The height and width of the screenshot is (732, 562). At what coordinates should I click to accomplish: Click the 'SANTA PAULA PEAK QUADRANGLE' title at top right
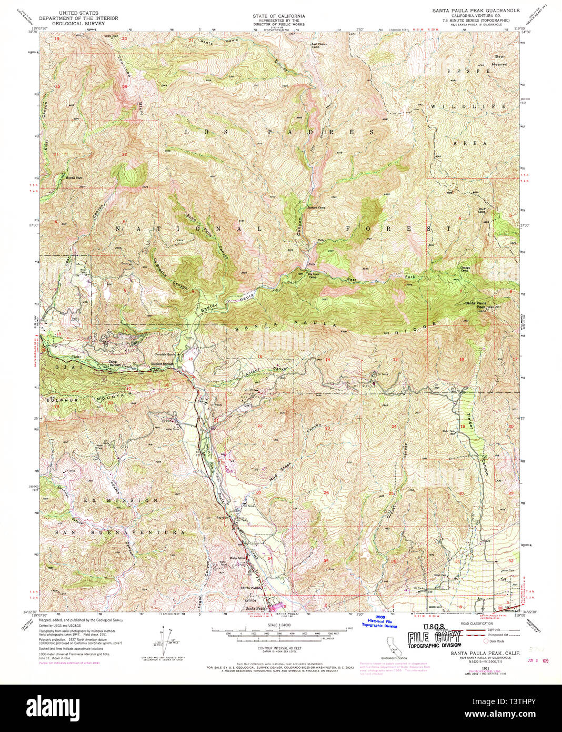(476, 11)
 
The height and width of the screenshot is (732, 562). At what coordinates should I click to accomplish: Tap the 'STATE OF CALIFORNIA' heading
(278, 16)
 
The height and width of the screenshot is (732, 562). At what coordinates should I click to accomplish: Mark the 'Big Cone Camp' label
(314, 275)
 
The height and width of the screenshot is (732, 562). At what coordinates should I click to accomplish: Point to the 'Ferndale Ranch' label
(164, 354)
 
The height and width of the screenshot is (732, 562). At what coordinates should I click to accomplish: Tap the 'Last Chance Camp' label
(316, 46)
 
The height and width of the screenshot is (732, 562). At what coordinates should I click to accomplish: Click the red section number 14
(327, 360)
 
